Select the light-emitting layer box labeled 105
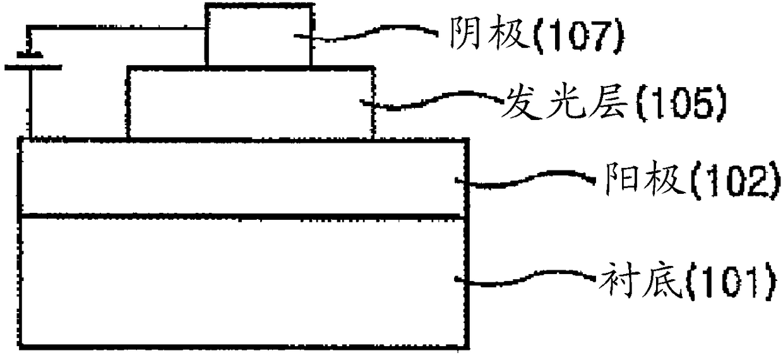click(250, 103)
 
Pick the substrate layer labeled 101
click(244, 281)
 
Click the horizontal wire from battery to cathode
click(117, 28)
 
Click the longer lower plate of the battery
click(33, 66)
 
